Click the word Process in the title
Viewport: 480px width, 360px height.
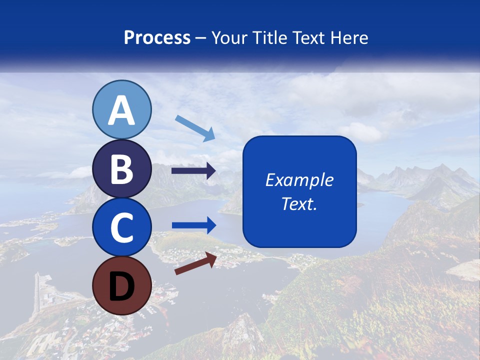(x=157, y=37)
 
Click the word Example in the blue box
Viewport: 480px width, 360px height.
(x=299, y=180)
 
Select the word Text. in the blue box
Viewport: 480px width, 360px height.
(x=299, y=204)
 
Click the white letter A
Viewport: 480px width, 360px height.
(x=121, y=110)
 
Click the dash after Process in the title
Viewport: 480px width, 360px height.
(x=201, y=38)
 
